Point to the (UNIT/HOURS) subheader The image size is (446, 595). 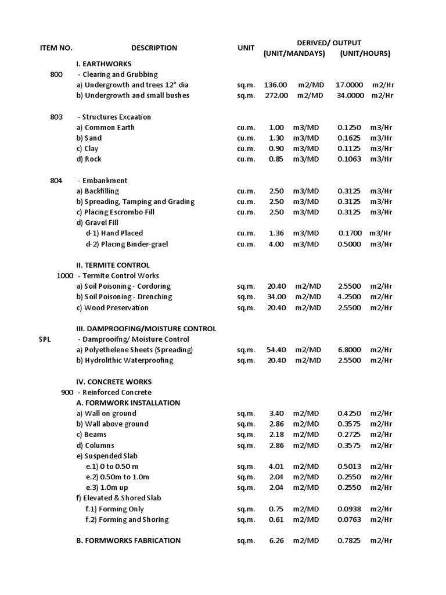365,53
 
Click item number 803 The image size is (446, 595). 56,117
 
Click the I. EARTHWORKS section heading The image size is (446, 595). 104,64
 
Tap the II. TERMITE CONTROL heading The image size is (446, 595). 113,265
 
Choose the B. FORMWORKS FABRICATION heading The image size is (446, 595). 128,540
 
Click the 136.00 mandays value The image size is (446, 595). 276,85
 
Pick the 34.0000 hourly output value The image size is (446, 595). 350,95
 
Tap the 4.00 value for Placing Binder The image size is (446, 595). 276,244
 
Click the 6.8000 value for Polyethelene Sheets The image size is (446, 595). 350,350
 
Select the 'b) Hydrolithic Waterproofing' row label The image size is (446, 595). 125,360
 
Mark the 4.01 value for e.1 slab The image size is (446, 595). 276,466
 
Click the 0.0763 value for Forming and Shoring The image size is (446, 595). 350,519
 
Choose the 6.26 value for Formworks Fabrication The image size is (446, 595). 276,540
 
